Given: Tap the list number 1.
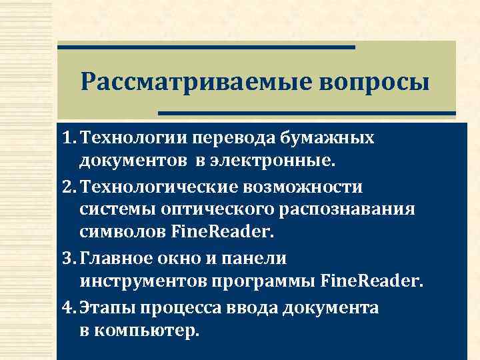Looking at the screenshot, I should coord(67,138).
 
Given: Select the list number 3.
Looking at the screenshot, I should coord(68,257).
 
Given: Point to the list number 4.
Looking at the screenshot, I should coord(68,308).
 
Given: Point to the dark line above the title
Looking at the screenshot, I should coord(206,47).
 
